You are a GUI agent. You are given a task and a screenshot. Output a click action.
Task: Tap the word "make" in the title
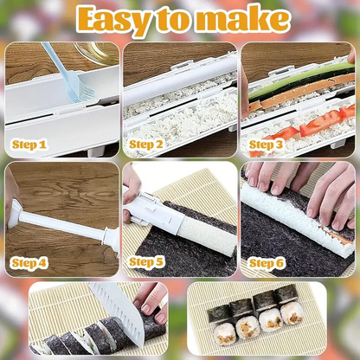point(244,21)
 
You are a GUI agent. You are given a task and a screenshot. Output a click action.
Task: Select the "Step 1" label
point(30,145)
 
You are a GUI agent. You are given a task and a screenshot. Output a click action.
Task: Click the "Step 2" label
point(146,145)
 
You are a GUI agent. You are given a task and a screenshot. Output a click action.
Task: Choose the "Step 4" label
point(30,259)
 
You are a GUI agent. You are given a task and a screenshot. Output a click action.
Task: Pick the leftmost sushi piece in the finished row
point(221,317)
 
